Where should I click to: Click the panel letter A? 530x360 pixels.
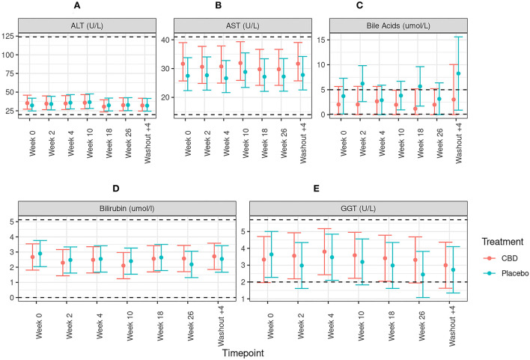tap(79, 7)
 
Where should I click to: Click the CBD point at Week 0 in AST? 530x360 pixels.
tap(183, 64)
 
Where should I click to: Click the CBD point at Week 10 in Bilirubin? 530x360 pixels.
tap(103, 266)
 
